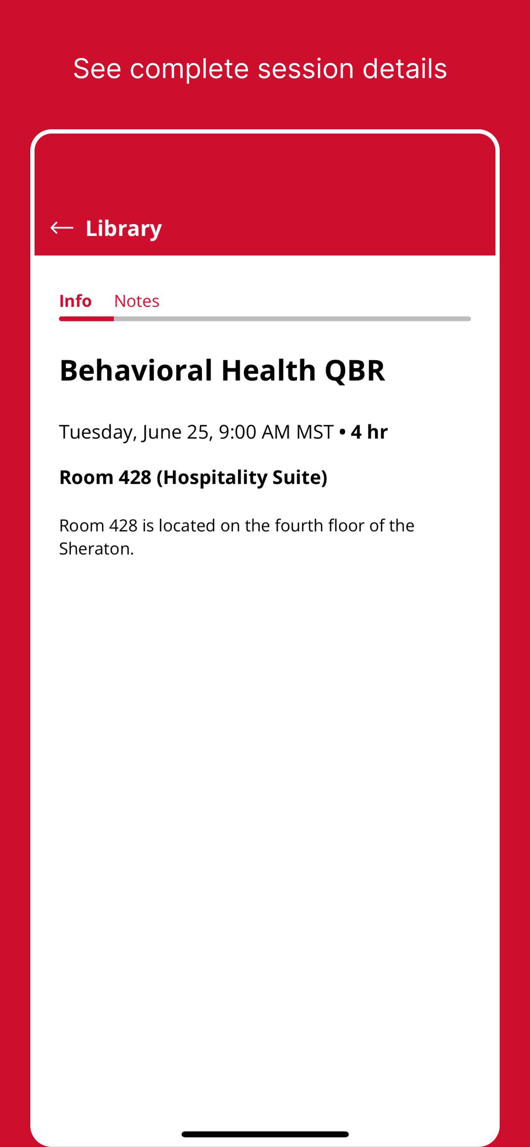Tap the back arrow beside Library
pyautogui.click(x=62, y=228)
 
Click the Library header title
pyautogui.click(x=124, y=228)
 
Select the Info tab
pyautogui.click(x=75, y=301)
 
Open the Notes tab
pyautogui.click(x=137, y=301)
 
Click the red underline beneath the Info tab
pyautogui.click(x=86, y=319)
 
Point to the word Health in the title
pyautogui.click(x=268, y=370)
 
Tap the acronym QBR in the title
pyautogui.click(x=355, y=370)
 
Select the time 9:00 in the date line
pyautogui.click(x=237, y=432)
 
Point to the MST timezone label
pyautogui.click(x=315, y=432)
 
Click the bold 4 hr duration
pyautogui.click(x=369, y=432)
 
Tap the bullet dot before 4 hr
pyautogui.click(x=342, y=432)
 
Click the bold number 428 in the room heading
pyautogui.click(x=135, y=477)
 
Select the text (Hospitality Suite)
pyautogui.click(x=242, y=478)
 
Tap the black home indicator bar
pyautogui.click(x=265, y=1134)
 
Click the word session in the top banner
pyautogui.click(x=306, y=69)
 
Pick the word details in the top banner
pyautogui.click(x=405, y=69)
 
